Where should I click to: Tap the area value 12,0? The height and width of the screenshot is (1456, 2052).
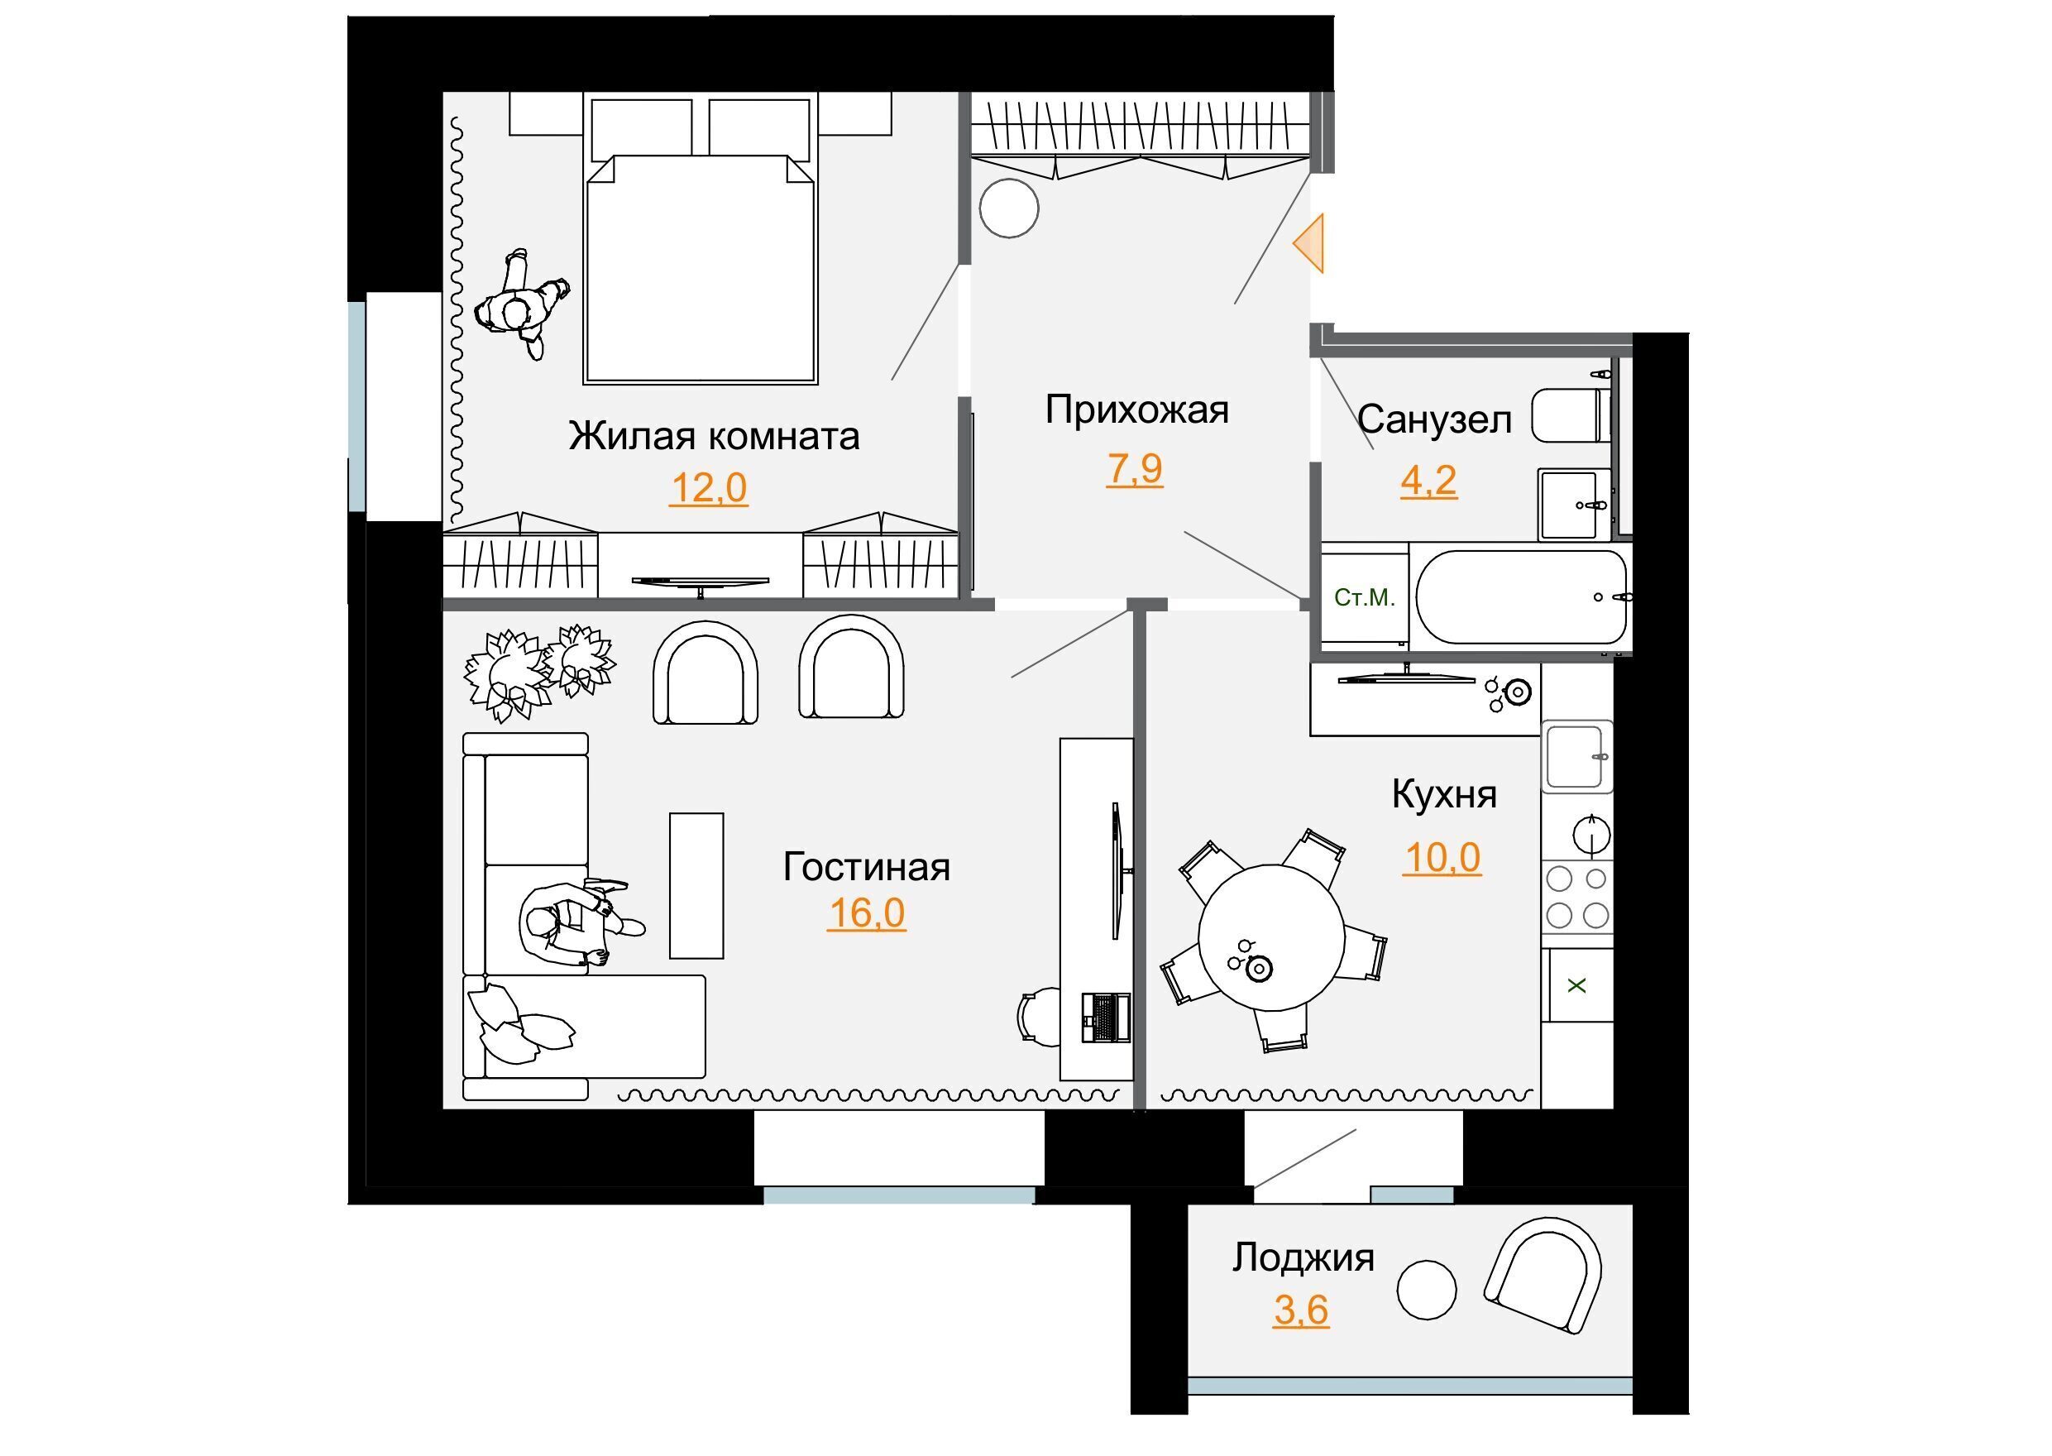point(708,489)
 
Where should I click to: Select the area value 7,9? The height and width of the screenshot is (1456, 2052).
point(1134,469)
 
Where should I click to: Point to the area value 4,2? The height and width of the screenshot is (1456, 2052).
point(1428,481)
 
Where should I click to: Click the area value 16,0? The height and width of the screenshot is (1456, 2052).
point(866,913)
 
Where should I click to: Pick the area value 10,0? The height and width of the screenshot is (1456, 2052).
point(1442,858)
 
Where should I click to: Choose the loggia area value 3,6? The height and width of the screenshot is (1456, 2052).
point(1301,1310)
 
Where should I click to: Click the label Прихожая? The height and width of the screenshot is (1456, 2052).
point(1136,409)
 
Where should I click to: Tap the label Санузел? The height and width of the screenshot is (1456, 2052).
point(1434,419)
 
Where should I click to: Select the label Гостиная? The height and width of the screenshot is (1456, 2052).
point(866,867)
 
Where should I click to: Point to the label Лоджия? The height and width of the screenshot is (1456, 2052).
point(1303,1257)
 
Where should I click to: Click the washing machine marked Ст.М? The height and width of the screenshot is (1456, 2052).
point(1365,597)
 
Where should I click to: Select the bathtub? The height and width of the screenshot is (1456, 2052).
point(1521,596)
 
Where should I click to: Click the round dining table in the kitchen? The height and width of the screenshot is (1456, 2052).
point(1271,938)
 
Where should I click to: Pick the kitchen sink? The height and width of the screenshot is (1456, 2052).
point(1576,757)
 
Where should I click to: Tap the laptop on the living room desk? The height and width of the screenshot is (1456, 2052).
point(1105,1018)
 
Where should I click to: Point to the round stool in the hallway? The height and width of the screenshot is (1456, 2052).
point(1009,208)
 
